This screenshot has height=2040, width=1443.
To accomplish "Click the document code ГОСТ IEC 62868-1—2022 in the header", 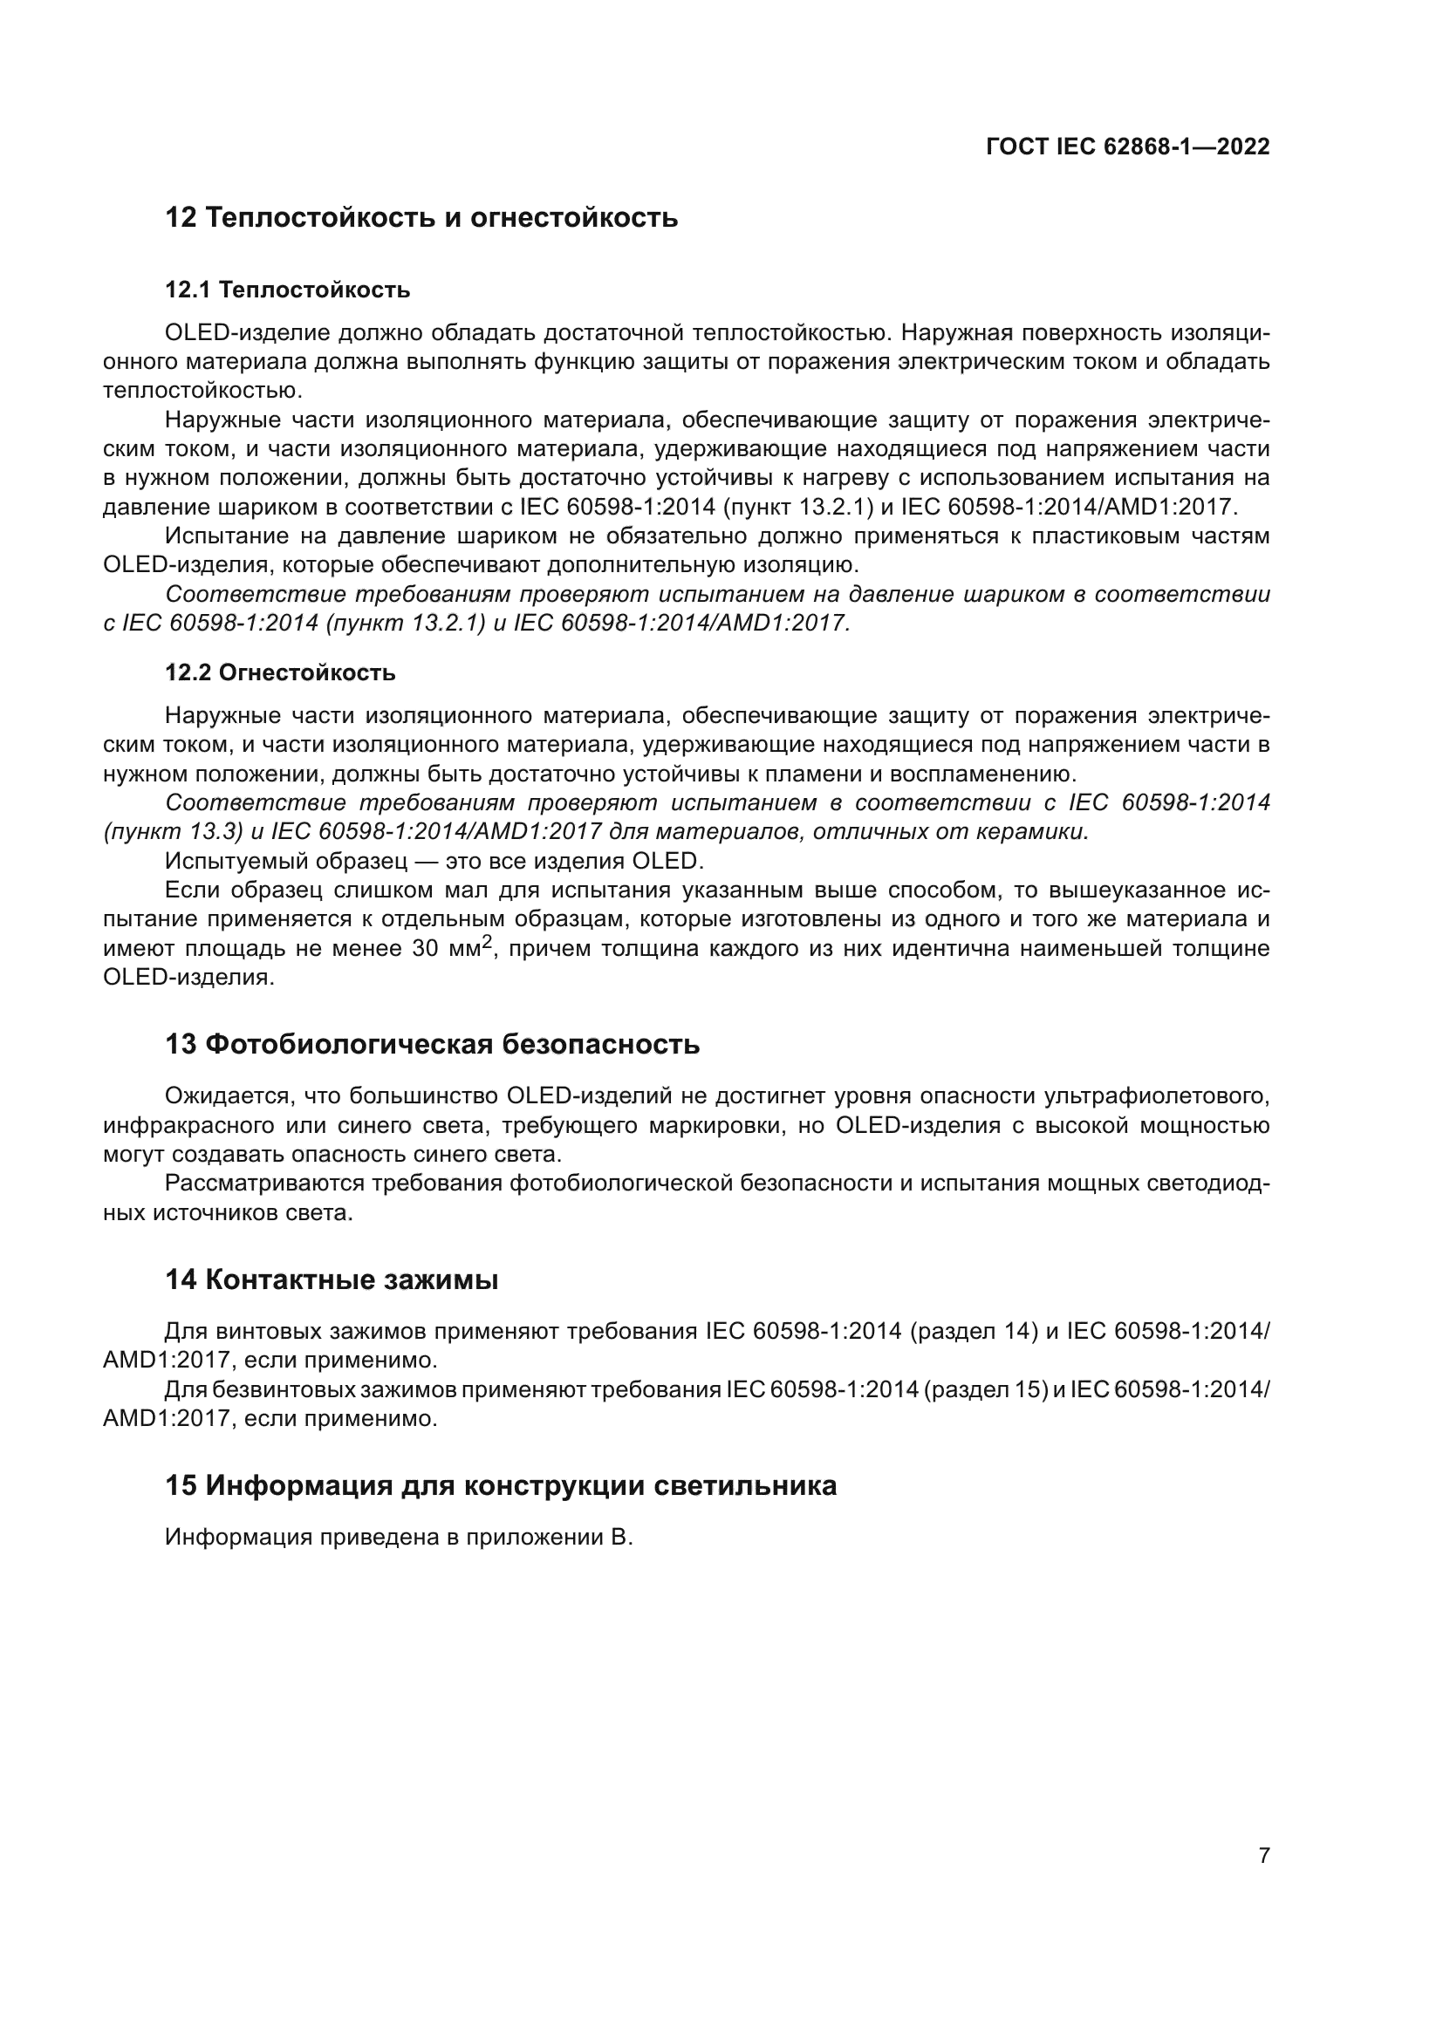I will (1126, 147).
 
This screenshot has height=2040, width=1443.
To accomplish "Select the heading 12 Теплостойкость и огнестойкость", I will (421, 218).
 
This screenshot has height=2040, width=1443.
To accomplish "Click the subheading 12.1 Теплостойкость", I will (287, 290).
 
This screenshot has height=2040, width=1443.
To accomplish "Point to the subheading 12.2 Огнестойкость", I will (280, 672).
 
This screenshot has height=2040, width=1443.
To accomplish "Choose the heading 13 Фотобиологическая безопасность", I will (432, 1044).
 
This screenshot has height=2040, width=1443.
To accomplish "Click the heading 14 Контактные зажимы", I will (332, 1280).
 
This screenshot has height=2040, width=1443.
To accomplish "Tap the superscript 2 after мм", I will (486, 943).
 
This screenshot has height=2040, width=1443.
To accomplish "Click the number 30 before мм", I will (426, 949).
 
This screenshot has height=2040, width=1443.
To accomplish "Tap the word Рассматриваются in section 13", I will (263, 1184).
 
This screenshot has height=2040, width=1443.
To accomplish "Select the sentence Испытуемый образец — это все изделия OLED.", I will (434, 861).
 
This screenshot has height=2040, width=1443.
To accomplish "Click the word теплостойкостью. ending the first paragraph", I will (202, 391).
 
